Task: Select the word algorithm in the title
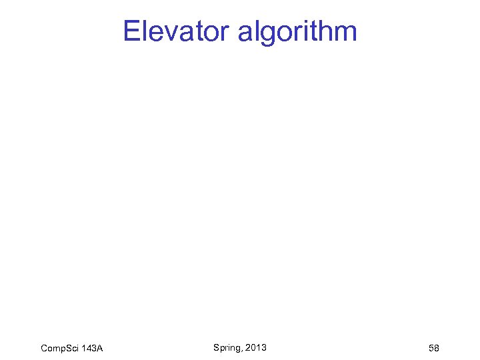point(297,31)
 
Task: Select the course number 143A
point(93,348)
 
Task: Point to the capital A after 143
point(100,348)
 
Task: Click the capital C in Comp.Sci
point(45,348)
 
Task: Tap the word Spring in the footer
point(227,348)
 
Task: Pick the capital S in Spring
point(217,347)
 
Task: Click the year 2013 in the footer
point(256,347)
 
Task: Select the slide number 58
point(433,348)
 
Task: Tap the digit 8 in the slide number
point(437,348)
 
